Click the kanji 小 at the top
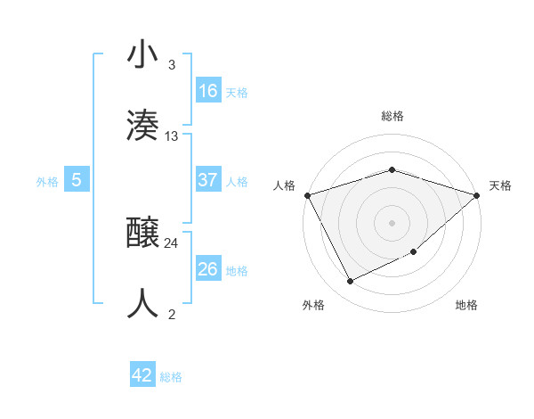click(x=142, y=55)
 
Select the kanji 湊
click(x=142, y=125)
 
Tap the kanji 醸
click(x=142, y=233)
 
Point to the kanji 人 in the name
click(x=142, y=304)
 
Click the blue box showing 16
click(x=208, y=91)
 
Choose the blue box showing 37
click(x=208, y=180)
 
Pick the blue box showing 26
click(x=208, y=269)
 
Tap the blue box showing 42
click(x=142, y=375)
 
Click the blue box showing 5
click(x=77, y=180)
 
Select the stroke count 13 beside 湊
click(x=172, y=136)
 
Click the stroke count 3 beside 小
click(x=172, y=65)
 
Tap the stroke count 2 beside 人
click(x=172, y=315)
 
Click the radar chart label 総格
click(x=392, y=116)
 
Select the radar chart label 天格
click(x=500, y=185)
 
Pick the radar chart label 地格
click(x=466, y=306)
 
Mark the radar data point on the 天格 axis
click(x=478, y=195)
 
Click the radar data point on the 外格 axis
click(x=351, y=282)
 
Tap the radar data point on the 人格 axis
click(x=307, y=195)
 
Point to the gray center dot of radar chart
click(x=392, y=222)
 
